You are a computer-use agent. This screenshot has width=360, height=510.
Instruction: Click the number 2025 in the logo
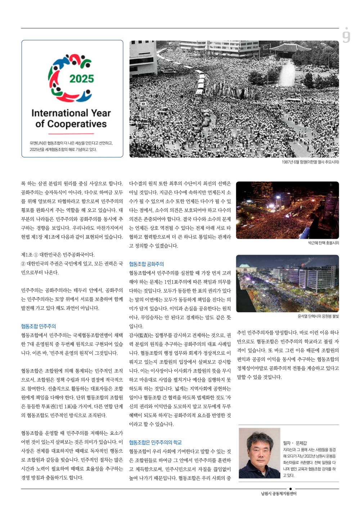point(81,79)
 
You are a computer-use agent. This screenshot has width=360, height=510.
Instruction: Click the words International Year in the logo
point(71,113)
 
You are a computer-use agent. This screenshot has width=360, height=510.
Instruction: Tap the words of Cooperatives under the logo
point(71,124)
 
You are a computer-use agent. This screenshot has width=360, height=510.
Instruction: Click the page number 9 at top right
point(346,36)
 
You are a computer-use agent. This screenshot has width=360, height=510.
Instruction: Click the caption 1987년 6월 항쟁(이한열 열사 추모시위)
point(310,162)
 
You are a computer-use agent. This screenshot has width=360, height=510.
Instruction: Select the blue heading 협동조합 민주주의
point(39,326)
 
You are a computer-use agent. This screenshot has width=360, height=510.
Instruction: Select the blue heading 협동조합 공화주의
point(147,264)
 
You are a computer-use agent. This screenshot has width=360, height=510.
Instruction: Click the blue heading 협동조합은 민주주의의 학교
point(155,442)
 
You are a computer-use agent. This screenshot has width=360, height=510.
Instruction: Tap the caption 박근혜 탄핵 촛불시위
point(323,243)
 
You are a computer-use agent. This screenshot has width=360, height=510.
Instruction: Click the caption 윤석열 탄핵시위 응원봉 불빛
point(318,316)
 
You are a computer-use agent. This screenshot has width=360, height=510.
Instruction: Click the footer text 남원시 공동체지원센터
point(279,494)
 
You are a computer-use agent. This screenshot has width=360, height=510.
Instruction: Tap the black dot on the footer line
point(290,489)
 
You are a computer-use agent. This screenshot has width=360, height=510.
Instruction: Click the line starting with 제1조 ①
point(58,255)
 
